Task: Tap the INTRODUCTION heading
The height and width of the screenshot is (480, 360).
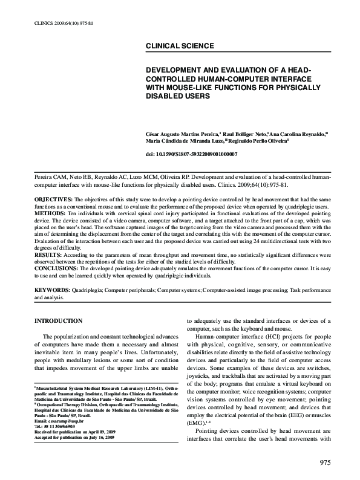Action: (59, 320)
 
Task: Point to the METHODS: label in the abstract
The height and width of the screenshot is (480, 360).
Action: (50, 213)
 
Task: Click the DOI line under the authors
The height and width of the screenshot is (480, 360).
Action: (188, 155)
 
